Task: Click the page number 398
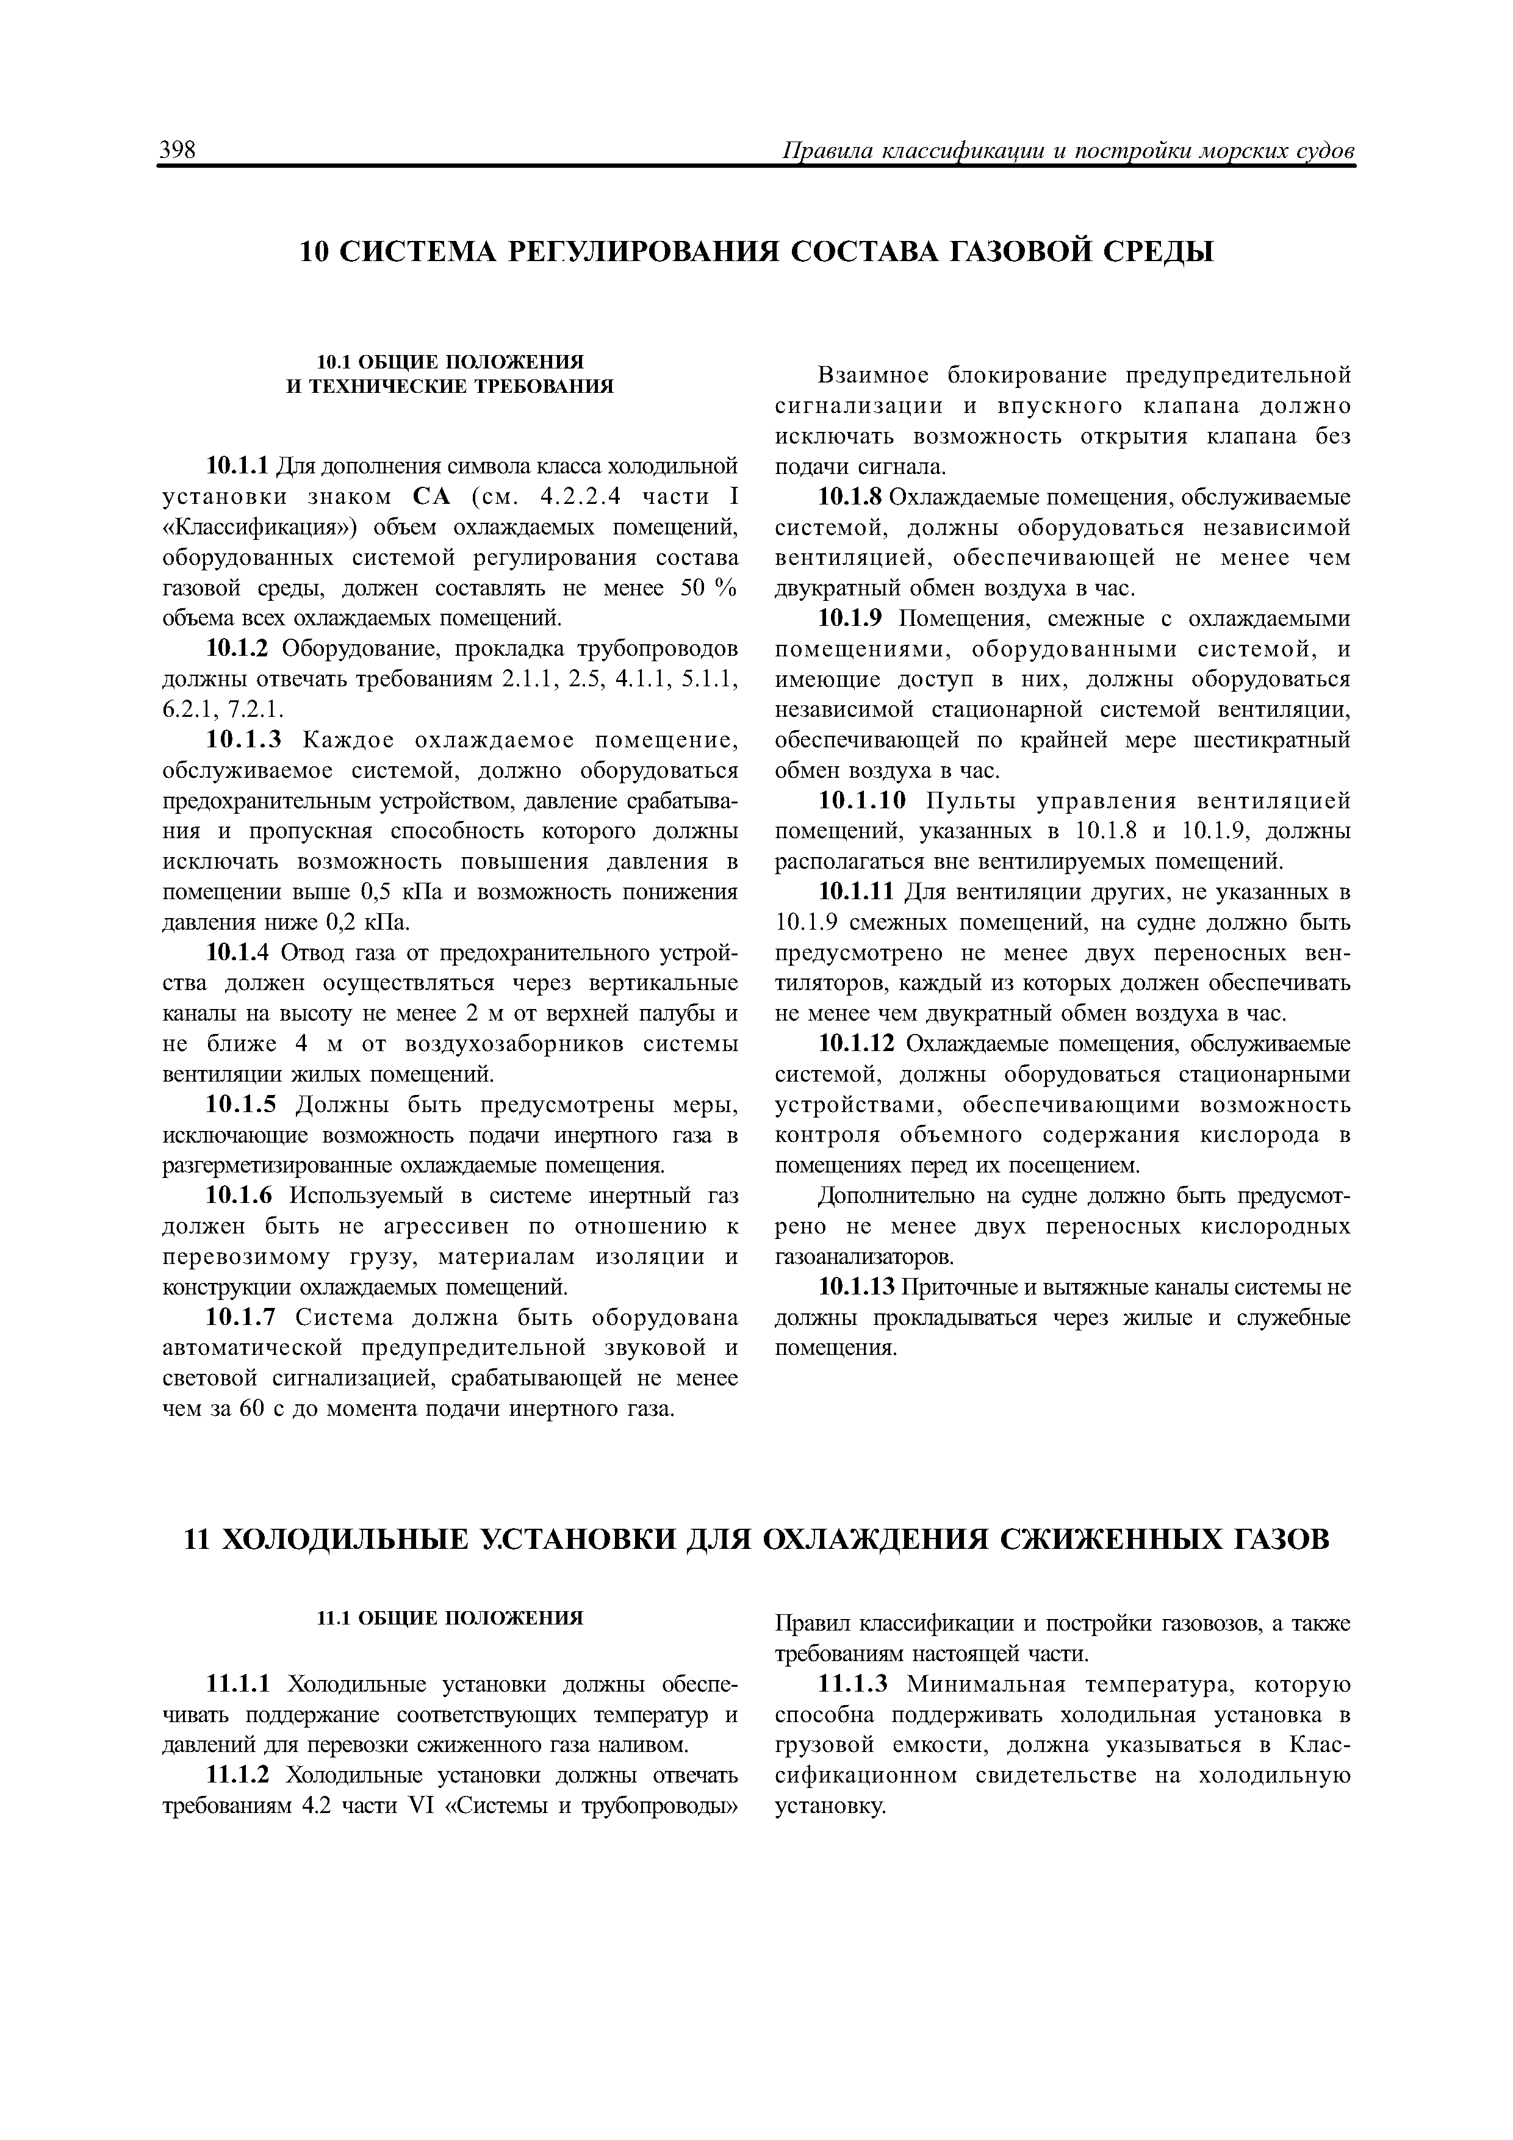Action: pyautogui.click(x=177, y=150)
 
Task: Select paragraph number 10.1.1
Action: pyautogui.click(x=237, y=465)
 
